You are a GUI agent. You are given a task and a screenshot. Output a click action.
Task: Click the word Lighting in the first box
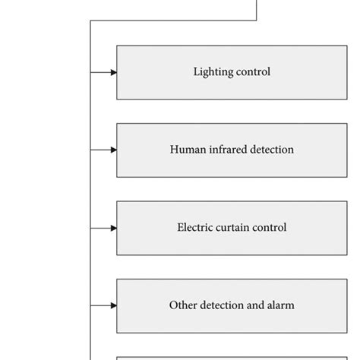[x=213, y=73]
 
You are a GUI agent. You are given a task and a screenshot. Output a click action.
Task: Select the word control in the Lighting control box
[x=253, y=73]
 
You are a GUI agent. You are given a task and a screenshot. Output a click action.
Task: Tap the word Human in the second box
[x=187, y=150]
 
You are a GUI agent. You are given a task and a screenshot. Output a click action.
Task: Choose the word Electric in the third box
[x=196, y=228]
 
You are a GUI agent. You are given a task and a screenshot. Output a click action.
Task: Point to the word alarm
[x=280, y=306]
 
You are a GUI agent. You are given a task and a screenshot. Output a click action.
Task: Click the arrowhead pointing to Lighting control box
[x=113, y=73]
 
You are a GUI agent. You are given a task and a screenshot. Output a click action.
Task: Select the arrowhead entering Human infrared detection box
[x=113, y=150]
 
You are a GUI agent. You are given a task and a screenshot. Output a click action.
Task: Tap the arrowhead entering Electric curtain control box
[x=113, y=228]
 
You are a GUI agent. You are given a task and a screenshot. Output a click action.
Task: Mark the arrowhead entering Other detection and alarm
[x=113, y=306]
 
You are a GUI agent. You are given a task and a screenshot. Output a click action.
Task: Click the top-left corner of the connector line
[x=91, y=21]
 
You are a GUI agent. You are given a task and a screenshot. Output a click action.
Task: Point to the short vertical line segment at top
[x=257, y=10]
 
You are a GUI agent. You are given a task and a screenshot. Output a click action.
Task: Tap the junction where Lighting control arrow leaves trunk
[x=91, y=73]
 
